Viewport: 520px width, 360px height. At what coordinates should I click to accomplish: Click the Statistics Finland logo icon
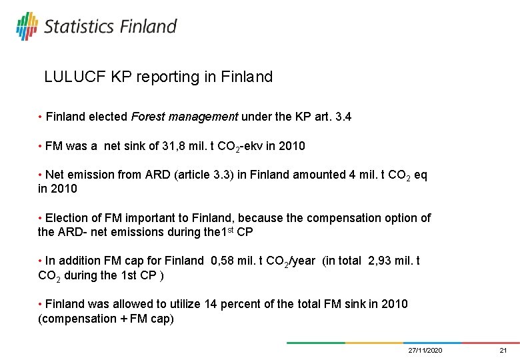coord(27,25)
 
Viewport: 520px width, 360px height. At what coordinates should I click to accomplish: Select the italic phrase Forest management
coord(184,117)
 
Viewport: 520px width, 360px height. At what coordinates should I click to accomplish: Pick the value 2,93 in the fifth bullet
coord(381,261)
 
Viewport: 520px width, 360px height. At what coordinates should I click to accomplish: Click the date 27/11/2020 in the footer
coord(425,351)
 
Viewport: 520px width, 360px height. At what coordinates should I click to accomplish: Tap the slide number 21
coord(503,351)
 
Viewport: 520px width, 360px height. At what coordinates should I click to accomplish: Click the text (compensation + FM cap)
coord(106,319)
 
